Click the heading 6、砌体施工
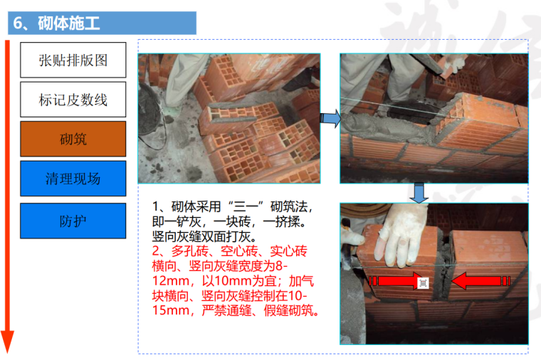(56, 23)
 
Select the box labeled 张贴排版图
(73, 60)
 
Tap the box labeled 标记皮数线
(73, 100)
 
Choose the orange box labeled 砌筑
(73, 139)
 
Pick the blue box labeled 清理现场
(73, 179)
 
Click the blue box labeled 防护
(73, 221)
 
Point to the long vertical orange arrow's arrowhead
(7, 342)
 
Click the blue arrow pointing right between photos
(330, 118)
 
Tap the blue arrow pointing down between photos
(419, 193)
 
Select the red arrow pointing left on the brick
(480, 281)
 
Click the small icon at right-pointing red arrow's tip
(424, 283)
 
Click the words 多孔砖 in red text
(189, 251)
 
